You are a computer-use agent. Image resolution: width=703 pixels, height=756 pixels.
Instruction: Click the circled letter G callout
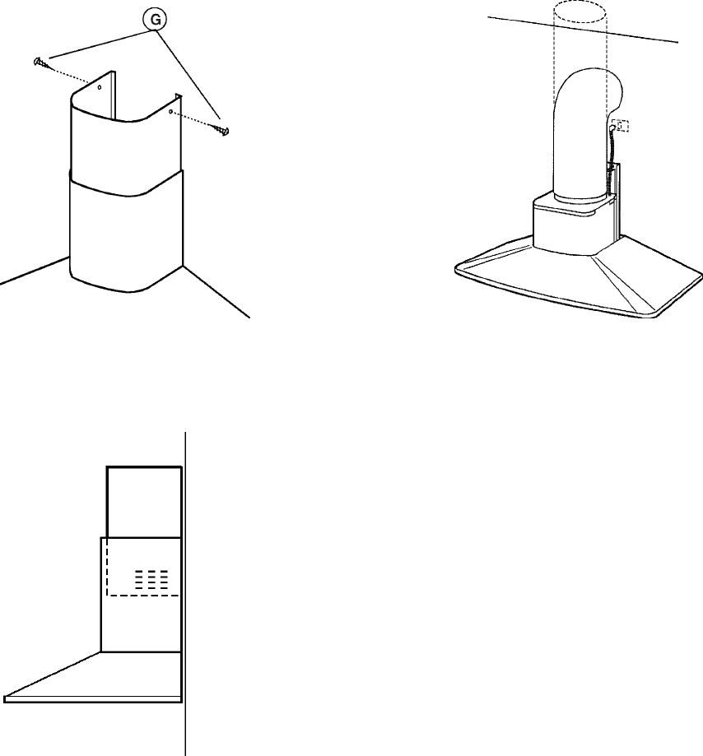(156, 20)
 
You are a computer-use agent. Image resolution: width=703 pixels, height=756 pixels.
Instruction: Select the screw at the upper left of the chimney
(41, 63)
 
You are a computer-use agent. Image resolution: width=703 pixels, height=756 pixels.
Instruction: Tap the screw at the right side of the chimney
(222, 129)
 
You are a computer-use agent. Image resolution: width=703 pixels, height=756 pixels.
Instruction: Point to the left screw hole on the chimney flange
(100, 87)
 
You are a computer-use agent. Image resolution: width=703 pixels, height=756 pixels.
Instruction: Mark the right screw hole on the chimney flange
(170, 111)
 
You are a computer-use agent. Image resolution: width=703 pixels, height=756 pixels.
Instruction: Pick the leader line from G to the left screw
(99, 44)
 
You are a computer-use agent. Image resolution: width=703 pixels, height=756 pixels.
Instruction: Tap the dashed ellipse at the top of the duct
(580, 12)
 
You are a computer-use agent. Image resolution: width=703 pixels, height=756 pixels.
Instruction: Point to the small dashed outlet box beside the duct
(620, 126)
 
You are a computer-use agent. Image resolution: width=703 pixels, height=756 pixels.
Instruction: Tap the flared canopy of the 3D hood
(579, 280)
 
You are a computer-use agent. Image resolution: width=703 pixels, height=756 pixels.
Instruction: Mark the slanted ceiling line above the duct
(583, 30)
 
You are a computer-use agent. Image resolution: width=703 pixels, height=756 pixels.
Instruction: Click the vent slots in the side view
(151, 579)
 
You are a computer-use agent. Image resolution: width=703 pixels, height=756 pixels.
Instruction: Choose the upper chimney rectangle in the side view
(144, 502)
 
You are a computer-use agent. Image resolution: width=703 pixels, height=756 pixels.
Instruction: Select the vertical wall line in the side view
(185, 594)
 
